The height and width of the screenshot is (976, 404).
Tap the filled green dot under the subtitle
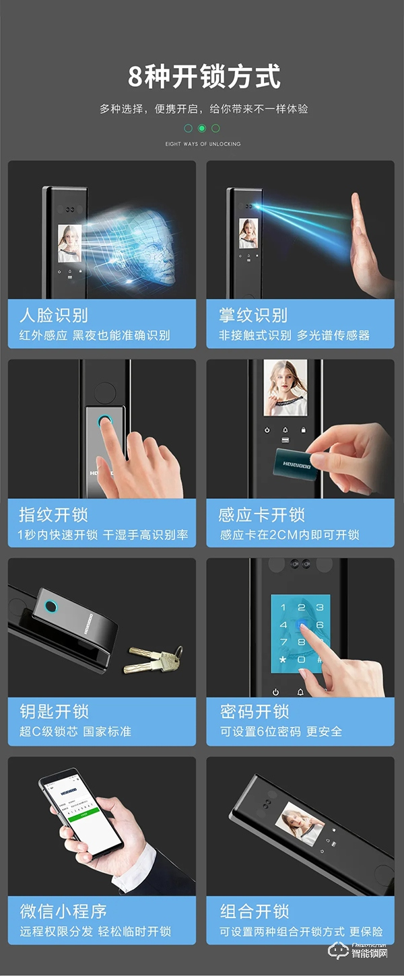(x=201, y=128)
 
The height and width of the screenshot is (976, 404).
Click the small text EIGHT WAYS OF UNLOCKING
(x=203, y=144)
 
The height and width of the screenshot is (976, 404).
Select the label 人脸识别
(x=53, y=315)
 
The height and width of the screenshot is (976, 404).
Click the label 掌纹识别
(x=252, y=315)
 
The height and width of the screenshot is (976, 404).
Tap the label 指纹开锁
(x=53, y=515)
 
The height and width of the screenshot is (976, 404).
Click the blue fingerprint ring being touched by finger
(x=104, y=423)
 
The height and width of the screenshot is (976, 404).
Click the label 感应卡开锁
(x=262, y=515)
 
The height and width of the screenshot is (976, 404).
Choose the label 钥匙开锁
(x=53, y=711)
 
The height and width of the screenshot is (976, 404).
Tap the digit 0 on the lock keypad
(x=301, y=660)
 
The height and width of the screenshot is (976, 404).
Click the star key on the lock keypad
(x=283, y=660)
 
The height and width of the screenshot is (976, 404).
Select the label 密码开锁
(x=254, y=711)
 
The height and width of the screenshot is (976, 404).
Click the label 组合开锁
(x=254, y=911)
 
